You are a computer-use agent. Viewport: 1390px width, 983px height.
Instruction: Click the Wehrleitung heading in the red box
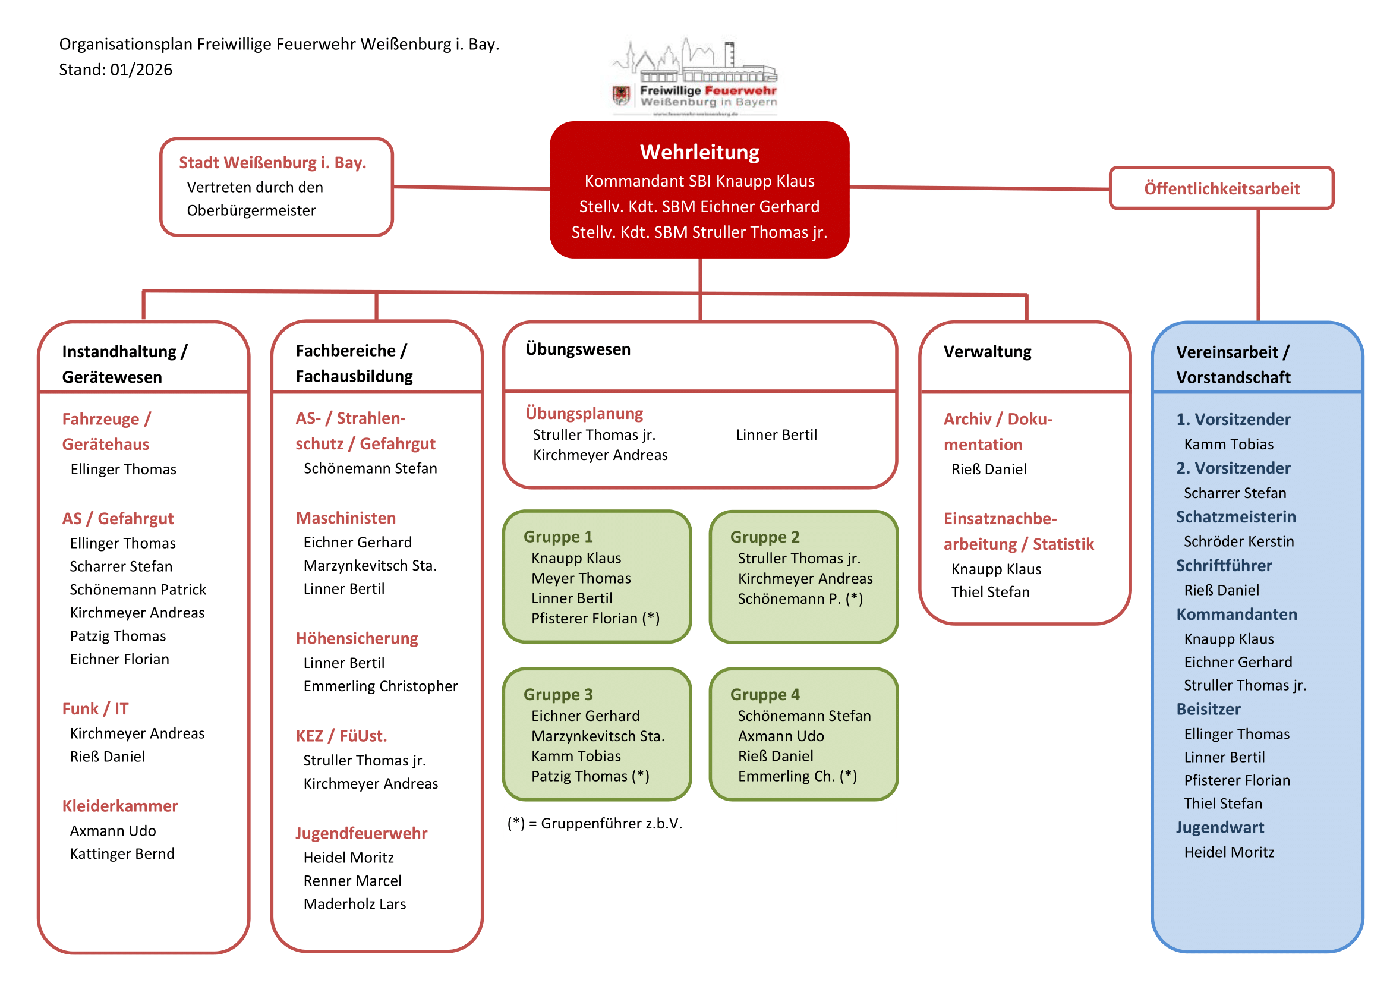(699, 152)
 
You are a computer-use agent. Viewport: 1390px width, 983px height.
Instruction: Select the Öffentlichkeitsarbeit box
(1221, 188)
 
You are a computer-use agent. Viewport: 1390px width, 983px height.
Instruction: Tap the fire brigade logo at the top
(695, 77)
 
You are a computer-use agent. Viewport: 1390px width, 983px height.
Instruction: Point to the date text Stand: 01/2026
(116, 70)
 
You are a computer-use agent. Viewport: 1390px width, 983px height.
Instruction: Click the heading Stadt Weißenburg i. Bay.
(272, 162)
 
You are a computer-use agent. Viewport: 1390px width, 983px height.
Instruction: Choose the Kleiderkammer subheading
(120, 806)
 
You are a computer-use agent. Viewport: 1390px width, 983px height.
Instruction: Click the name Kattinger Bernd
(122, 853)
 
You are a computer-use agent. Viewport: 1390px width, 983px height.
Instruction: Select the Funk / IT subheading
(95, 708)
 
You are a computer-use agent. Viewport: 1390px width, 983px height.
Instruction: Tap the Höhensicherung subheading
(357, 638)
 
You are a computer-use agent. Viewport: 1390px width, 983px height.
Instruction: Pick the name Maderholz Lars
(355, 904)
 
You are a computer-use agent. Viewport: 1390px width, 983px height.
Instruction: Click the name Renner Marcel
(352, 881)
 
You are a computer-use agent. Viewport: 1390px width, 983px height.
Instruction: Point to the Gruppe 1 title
(558, 536)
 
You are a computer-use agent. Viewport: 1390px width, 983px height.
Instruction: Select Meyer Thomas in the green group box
(581, 578)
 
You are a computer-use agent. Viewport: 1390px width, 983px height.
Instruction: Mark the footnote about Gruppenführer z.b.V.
(594, 823)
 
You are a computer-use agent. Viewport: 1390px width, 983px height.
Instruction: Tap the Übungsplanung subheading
(584, 413)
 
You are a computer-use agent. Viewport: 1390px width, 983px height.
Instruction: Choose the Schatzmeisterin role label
(1235, 516)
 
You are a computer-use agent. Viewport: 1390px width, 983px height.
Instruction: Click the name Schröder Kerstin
(1238, 541)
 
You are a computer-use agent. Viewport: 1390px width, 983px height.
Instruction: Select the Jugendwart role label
(1220, 827)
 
